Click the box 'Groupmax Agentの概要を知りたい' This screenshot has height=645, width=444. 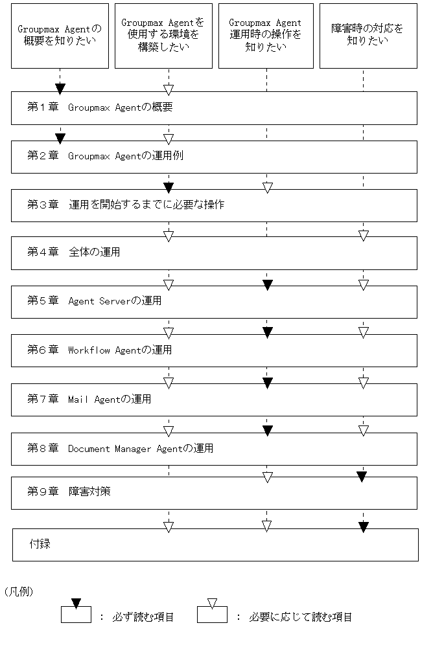[60, 35]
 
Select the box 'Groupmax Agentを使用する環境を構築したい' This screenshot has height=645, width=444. [163, 35]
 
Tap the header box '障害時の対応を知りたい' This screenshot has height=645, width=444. [368, 35]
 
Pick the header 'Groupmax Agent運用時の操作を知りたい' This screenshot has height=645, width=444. [266, 35]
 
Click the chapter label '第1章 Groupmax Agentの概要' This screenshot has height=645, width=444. [100, 107]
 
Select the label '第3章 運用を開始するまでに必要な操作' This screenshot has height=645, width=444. [126, 205]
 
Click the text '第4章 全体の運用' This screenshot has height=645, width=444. [73, 252]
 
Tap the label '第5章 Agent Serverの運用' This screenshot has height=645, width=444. [94, 301]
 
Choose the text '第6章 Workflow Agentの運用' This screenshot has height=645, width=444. [99, 350]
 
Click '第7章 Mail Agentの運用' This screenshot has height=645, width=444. [89, 400]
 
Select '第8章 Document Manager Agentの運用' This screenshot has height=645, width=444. [120, 448]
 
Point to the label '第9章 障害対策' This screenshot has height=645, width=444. [69, 492]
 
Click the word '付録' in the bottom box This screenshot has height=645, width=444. [40, 544]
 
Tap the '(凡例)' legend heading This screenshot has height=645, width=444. [18, 591]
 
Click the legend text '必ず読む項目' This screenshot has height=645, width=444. [146, 617]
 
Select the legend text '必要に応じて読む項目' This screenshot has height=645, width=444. [300, 617]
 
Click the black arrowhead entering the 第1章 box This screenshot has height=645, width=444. [60, 88]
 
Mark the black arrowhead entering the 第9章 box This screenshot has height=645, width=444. [362, 477]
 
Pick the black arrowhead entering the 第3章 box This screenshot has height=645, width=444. [169, 188]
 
